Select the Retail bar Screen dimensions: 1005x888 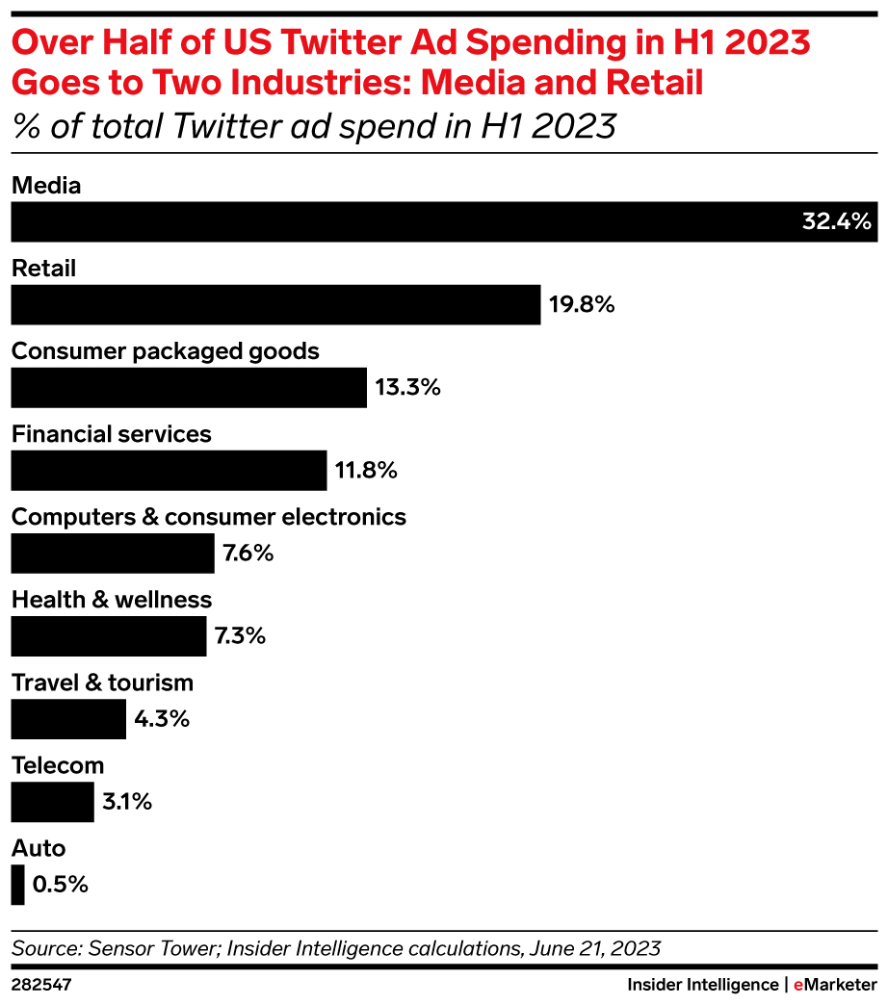point(275,304)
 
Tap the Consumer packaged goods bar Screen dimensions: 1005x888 point(189,387)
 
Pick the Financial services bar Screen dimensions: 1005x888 point(169,470)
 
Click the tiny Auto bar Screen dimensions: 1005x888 point(17,884)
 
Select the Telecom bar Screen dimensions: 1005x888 point(52,801)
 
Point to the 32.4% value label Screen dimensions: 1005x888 point(836,221)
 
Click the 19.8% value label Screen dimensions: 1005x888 point(582,305)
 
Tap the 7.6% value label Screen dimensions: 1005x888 point(248,553)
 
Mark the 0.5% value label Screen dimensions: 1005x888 point(61,884)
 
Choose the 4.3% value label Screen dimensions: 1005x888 point(162,718)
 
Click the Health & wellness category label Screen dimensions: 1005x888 point(111,600)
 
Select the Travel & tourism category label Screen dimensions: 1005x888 point(102,683)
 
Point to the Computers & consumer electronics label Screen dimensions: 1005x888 point(208,517)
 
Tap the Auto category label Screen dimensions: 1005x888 point(39,848)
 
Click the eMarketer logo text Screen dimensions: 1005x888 point(834,985)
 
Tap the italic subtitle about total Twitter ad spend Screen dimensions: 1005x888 point(313,125)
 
